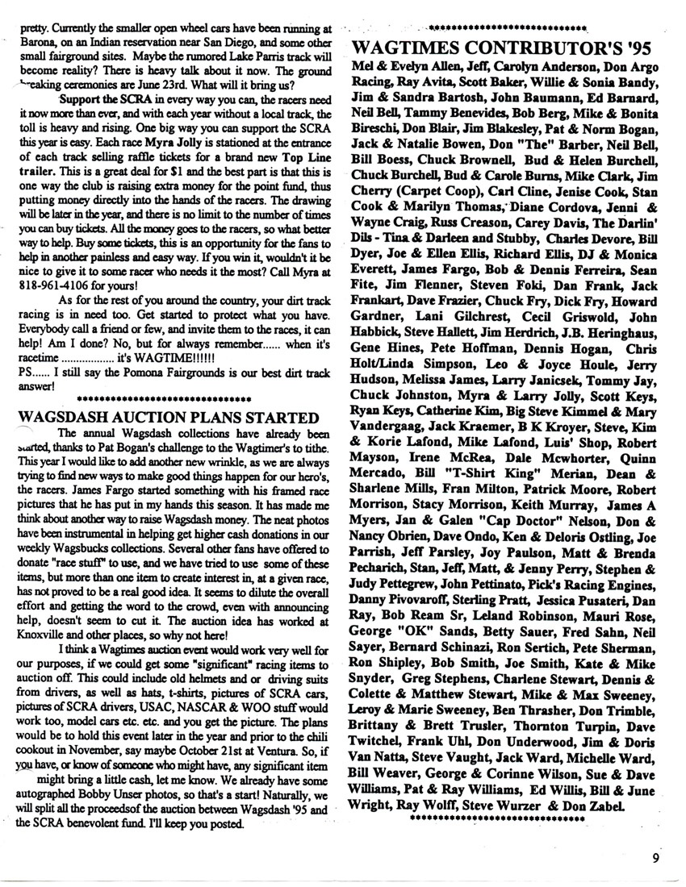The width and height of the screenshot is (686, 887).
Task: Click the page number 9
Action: tap(657, 858)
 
